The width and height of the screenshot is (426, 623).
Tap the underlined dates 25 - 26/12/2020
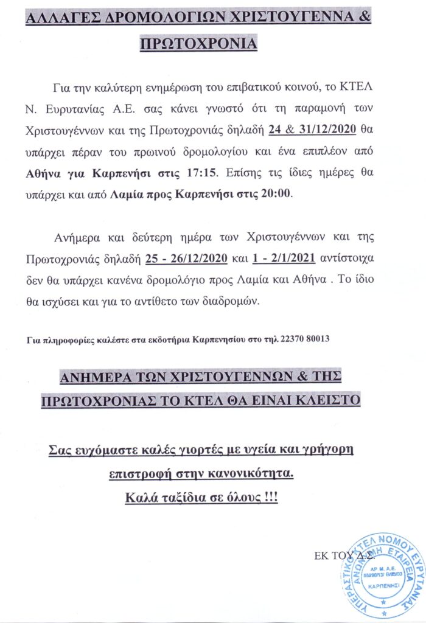(186, 259)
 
